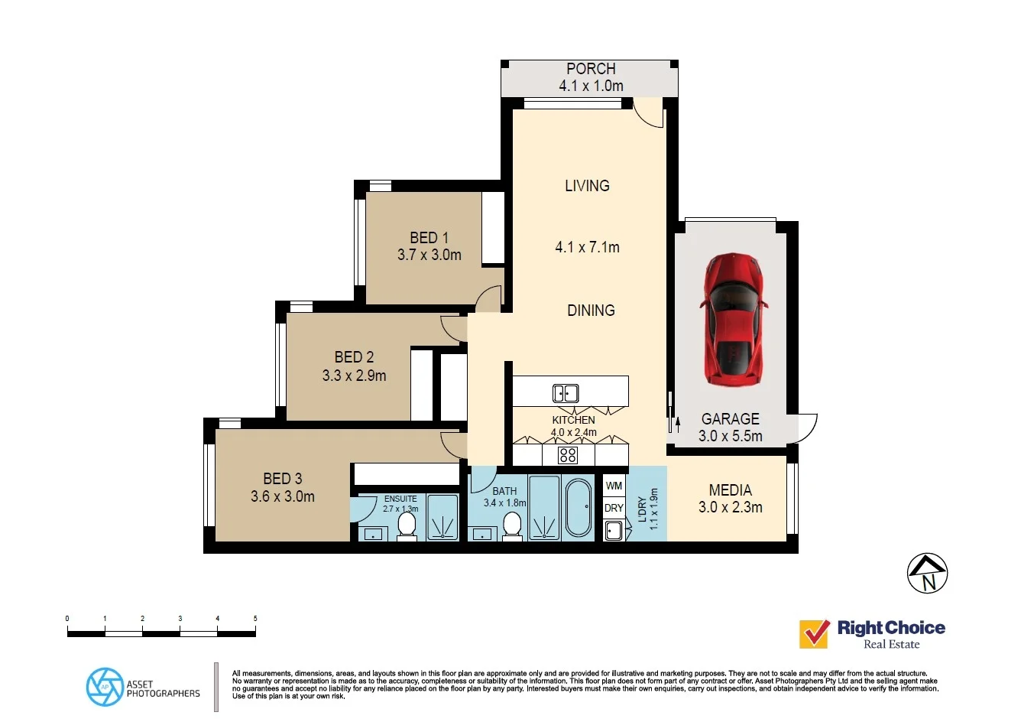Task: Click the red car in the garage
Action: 733,320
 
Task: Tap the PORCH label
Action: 591,69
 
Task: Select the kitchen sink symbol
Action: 566,393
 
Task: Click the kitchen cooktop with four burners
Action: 568,456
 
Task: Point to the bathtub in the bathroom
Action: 579,508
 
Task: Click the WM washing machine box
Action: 614,486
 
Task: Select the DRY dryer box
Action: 614,508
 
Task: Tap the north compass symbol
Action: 928,573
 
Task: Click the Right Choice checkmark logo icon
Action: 814,634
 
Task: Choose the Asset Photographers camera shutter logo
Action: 105,687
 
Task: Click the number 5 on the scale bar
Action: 255,619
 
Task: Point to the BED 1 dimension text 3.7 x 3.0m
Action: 429,255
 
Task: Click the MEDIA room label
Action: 730,490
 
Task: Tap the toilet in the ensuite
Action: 407,525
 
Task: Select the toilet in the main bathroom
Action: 511,525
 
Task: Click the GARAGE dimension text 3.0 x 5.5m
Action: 730,437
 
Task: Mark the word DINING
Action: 591,311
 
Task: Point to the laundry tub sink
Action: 613,530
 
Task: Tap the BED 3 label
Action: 283,479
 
